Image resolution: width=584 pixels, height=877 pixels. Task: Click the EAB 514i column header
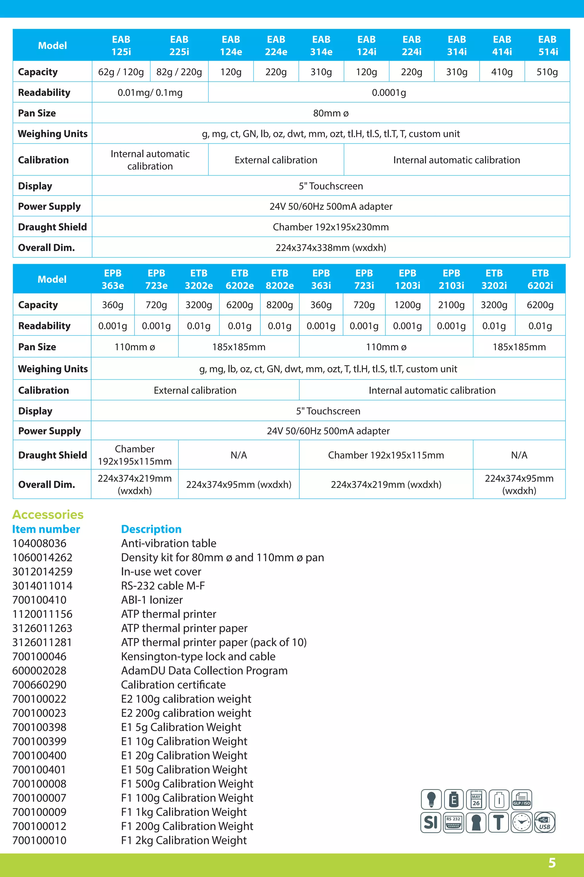click(547, 45)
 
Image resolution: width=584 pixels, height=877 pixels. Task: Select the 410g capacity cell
click(502, 72)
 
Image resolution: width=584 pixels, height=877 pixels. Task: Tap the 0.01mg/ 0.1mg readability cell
click(150, 92)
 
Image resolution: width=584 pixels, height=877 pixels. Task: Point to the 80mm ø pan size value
click(331, 113)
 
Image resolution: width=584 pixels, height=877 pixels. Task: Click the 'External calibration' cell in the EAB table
click(276, 160)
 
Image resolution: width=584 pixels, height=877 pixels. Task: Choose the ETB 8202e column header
click(279, 279)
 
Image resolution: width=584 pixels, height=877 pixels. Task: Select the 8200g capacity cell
click(279, 305)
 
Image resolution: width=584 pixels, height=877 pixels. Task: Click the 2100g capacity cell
click(451, 305)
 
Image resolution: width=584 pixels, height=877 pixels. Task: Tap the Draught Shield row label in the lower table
click(52, 455)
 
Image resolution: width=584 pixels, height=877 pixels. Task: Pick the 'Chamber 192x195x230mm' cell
click(331, 227)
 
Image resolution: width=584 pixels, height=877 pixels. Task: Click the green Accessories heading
click(48, 514)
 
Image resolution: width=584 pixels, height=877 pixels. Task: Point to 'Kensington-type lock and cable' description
click(198, 656)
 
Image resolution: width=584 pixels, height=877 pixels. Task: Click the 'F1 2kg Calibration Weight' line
click(184, 840)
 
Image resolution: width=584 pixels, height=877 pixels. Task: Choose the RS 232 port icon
click(453, 822)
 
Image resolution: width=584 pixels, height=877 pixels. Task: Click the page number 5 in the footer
click(552, 862)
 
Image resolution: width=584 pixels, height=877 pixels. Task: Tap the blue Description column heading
click(151, 529)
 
